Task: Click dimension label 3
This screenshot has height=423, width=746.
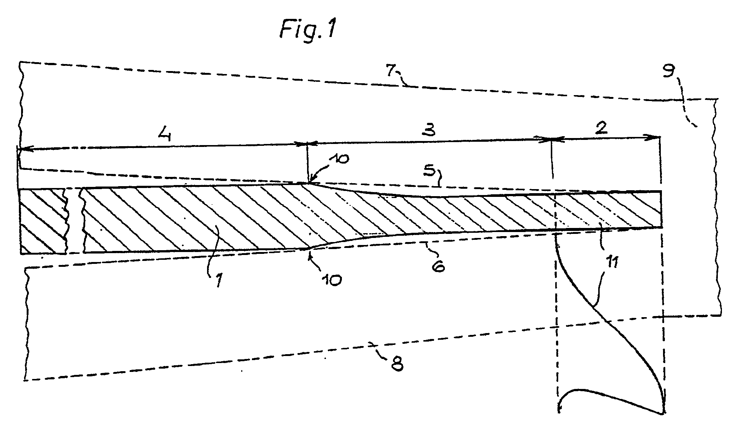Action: pyautogui.click(x=429, y=130)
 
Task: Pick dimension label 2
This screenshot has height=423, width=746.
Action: pyautogui.click(x=601, y=128)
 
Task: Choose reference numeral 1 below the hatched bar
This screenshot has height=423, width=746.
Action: pyautogui.click(x=218, y=281)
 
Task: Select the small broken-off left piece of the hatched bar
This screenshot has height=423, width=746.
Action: pyautogui.click(x=43, y=221)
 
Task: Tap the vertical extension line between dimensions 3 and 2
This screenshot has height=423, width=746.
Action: pyautogui.click(x=552, y=159)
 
